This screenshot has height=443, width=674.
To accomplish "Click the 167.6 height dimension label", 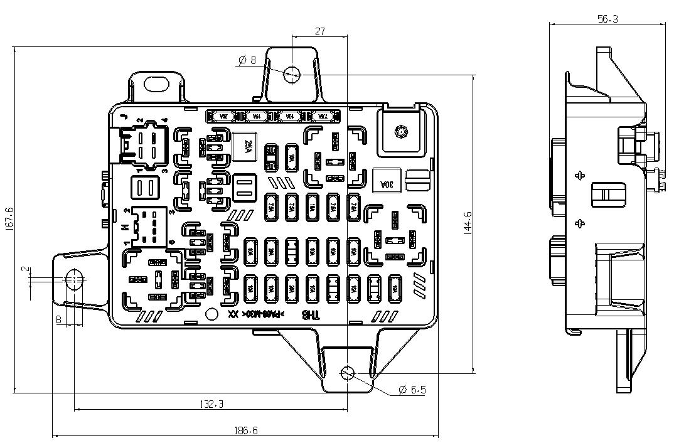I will coord(8,220).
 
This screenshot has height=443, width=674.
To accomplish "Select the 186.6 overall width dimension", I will coord(246,430).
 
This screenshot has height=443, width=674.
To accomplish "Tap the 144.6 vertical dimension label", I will coord(468,223).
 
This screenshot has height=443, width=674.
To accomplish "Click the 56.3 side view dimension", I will coord(607,19).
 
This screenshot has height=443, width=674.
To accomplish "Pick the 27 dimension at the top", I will coord(319,31).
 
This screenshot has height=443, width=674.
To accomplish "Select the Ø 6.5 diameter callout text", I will coord(412,390).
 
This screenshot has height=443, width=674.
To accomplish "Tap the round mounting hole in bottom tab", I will coord(347,373).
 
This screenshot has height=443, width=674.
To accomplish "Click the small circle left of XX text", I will coord(212,314).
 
